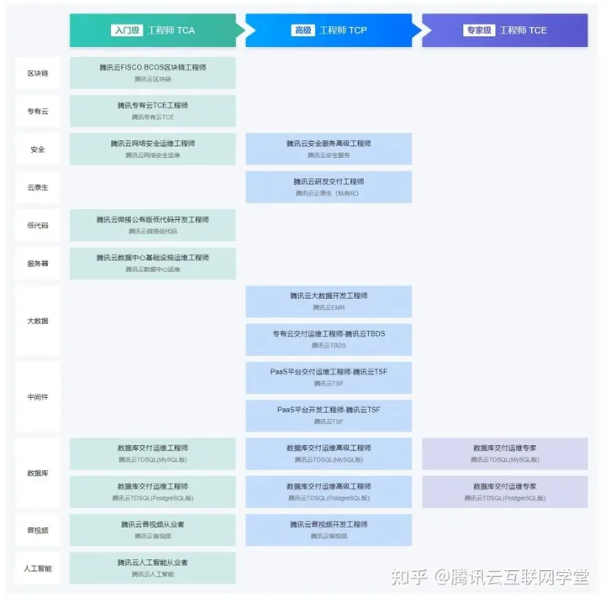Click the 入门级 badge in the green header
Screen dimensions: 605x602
tap(126, 30)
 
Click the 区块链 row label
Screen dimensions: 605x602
tap(38, 73)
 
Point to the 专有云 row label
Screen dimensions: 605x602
tap(38, 111)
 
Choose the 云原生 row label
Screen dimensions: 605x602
tap(38, 187)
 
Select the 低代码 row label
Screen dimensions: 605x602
tap(38, 225)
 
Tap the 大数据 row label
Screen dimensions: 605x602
tap(38, 321)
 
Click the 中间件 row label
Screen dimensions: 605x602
tap(38, 396)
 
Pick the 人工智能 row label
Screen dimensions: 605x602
tap(38, 568)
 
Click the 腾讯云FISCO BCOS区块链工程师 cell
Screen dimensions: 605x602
tap(153, 72)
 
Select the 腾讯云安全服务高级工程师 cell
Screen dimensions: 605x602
tap(329, 149)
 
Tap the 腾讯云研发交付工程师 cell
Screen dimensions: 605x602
tap(329, 186)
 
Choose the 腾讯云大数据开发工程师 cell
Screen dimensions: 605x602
tap(329, 301)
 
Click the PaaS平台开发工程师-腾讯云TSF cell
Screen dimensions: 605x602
tap(329, 415)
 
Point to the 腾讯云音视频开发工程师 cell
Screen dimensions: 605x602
tap(329, 529)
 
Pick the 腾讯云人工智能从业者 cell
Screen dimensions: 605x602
tap(153, 568)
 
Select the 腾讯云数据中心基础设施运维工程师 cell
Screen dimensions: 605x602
tap(153, 263)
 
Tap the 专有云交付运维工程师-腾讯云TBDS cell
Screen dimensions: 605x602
tap(329, 338)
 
